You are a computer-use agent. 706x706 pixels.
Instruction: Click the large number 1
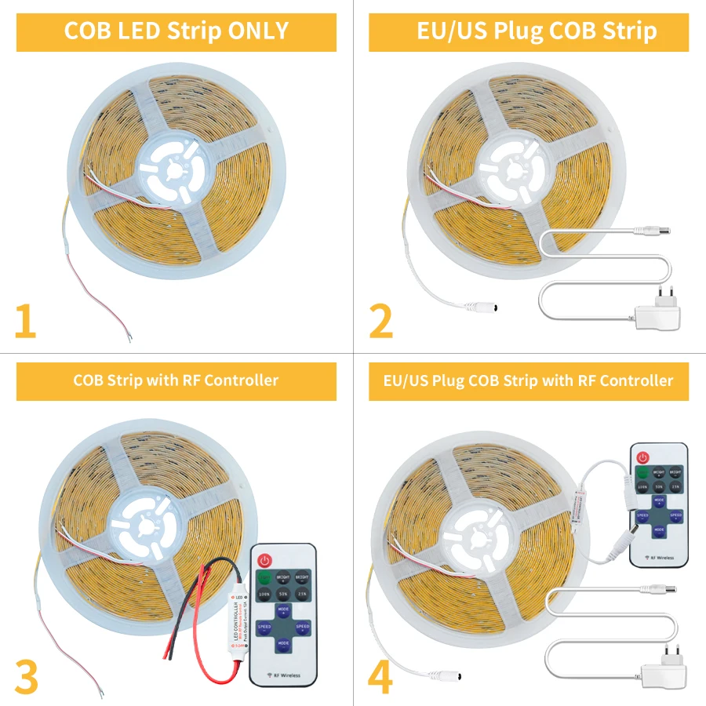coord(25,322)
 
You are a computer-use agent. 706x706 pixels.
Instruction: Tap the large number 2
coord(380,322)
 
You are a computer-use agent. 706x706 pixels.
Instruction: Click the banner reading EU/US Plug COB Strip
coord(529,31)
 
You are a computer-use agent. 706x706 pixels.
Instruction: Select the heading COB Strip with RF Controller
coord(176,380)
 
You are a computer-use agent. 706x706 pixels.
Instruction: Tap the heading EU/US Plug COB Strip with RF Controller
coord(529,380)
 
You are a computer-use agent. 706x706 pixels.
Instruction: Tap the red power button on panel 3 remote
coord(264,561)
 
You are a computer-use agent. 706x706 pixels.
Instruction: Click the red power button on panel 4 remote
coord(644,457)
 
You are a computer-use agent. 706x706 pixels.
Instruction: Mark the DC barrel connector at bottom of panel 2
coord(479,307)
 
